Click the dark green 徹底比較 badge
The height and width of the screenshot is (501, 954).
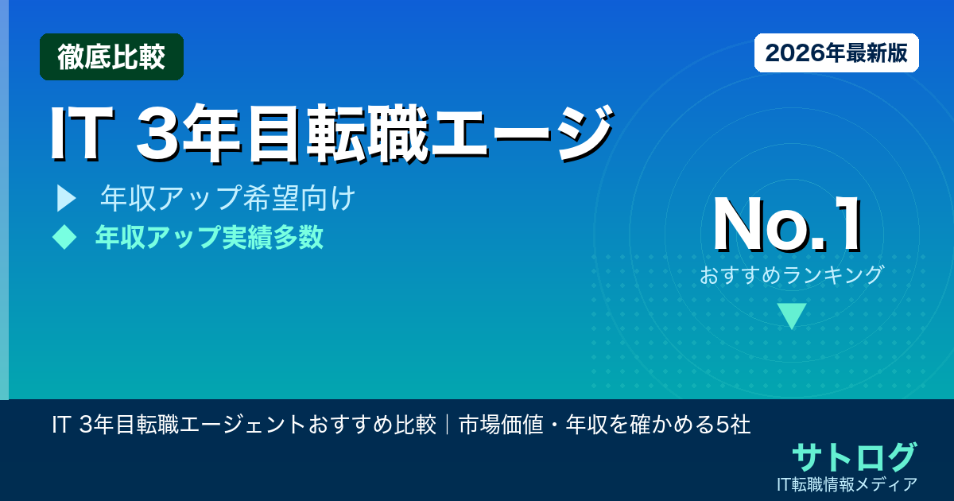click(111, 57)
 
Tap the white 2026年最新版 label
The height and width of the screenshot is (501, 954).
click(836, 53)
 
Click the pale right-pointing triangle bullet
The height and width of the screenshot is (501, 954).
click(65, 199)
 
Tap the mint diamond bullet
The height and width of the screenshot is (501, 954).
click(63, 237)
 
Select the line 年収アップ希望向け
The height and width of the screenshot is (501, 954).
click(227, 199)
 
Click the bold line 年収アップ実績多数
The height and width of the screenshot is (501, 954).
click(209, 237)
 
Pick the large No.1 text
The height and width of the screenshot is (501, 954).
click(787, 227)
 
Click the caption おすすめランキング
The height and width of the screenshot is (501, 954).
click(792, 275)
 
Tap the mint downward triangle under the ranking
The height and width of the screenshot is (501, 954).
click(792, 315)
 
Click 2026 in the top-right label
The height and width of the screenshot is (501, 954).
click(792, 53)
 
